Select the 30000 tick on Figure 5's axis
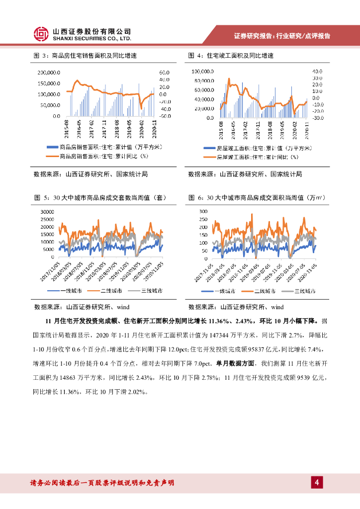(46, 212)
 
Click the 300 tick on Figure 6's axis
(203, 212)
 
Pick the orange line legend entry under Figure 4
(251, 157)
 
